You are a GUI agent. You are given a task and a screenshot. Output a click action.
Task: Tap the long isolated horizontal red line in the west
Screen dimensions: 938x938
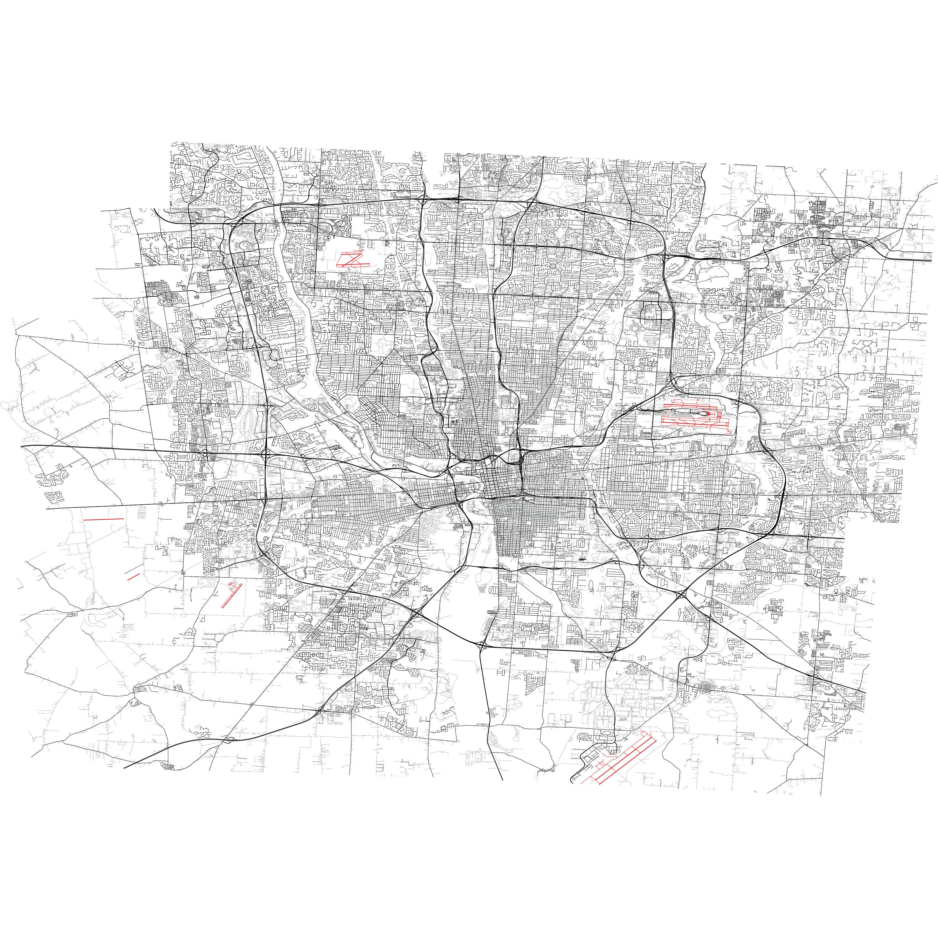coord(103,519)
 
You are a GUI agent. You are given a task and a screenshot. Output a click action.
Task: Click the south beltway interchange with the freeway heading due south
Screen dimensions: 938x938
coord(481,645)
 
